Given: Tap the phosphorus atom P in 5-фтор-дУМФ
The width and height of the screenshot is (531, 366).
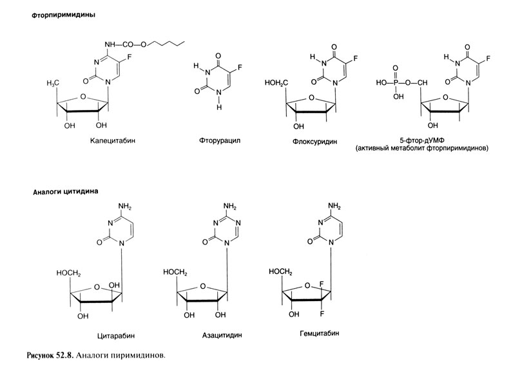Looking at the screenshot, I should (398, 82).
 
